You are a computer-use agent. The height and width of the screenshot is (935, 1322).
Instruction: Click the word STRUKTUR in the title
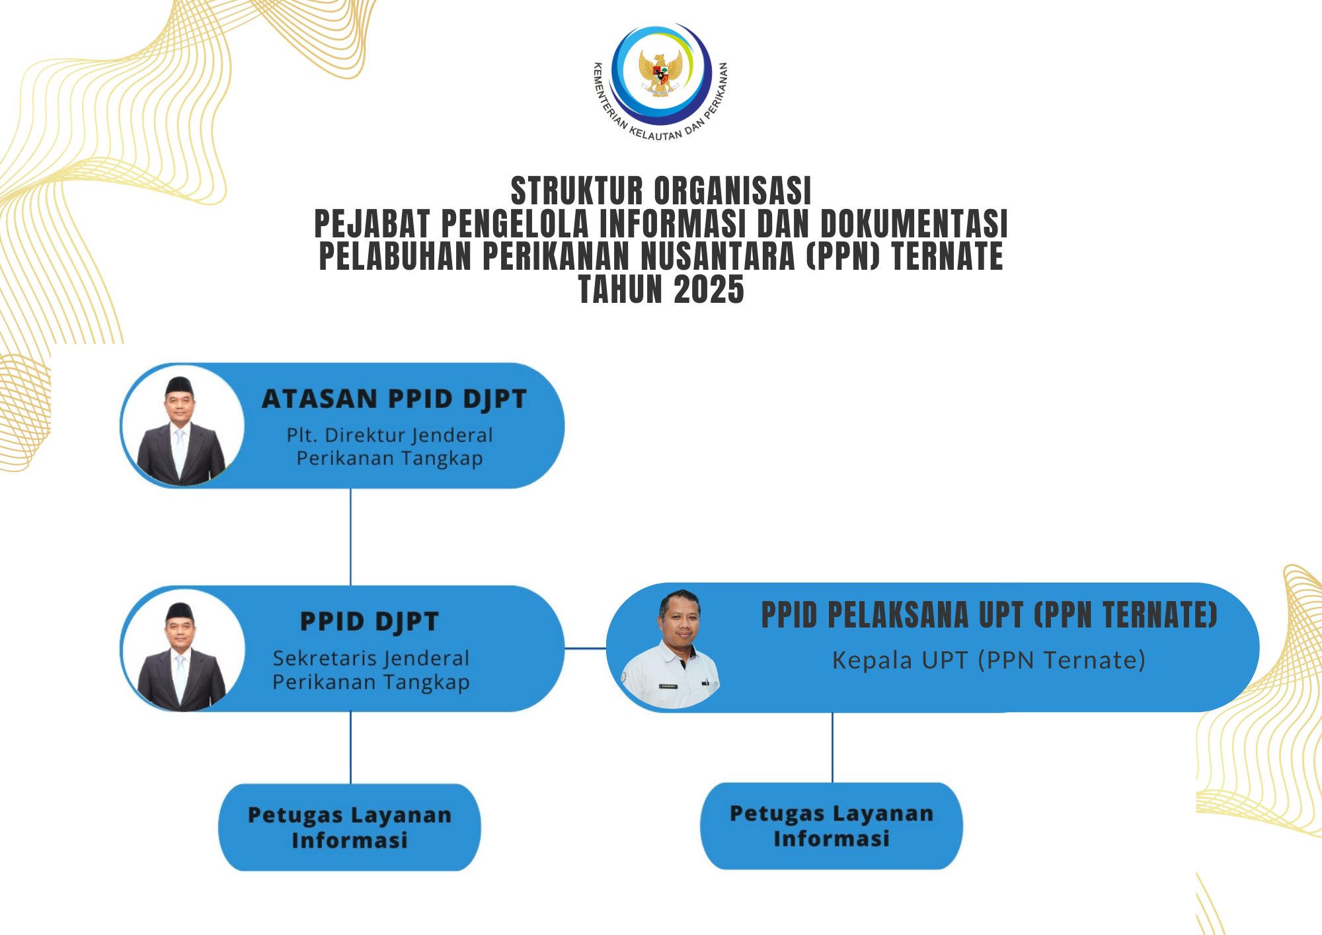pos(577,191)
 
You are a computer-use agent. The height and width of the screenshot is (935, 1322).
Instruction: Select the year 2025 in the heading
pos(709,290)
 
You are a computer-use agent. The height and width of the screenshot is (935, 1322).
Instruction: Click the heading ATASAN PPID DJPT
pos(395,399)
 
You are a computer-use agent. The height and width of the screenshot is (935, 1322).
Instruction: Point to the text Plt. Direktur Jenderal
pos(390,435)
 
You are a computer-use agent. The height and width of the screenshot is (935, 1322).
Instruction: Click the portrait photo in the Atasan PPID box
pos(182,427)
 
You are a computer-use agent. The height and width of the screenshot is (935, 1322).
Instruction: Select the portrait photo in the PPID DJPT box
pos(182,650)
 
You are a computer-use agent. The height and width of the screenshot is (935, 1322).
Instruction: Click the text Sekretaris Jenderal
pos(371,658)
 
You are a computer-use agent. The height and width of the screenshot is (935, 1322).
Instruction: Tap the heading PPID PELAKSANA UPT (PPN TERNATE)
pos(989,615)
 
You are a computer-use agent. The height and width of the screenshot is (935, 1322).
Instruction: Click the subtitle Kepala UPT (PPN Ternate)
pos(989,660)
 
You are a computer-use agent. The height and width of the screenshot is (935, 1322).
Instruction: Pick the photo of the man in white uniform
pos(670,649)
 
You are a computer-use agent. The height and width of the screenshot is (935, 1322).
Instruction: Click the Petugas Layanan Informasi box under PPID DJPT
pos(350,827)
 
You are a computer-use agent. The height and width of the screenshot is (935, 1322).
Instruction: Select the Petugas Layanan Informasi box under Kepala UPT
pos(832,826)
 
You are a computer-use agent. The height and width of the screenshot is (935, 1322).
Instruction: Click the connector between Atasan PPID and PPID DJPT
pos(350,537)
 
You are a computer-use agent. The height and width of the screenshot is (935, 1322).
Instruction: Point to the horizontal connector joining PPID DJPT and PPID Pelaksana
pos(586,649)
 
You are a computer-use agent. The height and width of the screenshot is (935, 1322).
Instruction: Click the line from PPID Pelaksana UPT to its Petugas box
pos(832,747)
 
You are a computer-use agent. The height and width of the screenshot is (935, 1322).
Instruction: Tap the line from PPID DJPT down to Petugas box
pos(350,748)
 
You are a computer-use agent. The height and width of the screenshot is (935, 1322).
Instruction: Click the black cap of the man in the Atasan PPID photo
pos(179,385)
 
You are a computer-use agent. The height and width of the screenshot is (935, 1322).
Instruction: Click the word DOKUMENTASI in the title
pos(914,224)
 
